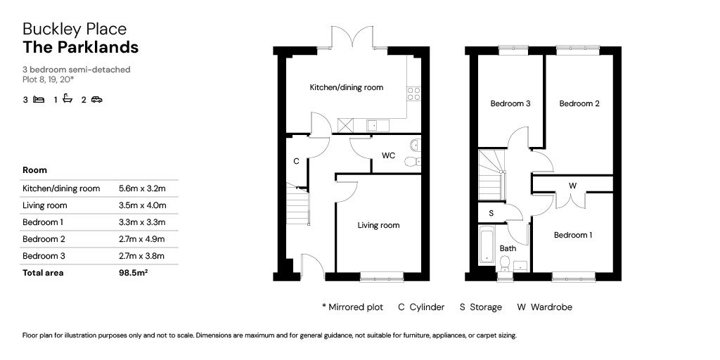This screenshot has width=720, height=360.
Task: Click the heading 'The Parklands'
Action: (x=80, y=48)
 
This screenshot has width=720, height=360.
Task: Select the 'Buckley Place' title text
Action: (x=75, y=29)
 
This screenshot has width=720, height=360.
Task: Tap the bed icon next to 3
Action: (x=39, y=100)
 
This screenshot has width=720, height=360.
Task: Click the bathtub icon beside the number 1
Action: (x=67, y=99)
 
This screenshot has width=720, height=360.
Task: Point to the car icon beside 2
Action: (x=96, y=100)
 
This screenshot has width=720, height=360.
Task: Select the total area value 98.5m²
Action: (x=134, y=273)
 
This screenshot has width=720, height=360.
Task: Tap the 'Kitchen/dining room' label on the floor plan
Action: (x=347, y=88)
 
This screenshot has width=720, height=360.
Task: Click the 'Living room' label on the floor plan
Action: (x=378, y=226)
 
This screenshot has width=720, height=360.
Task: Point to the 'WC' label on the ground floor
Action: (x=388, y=155)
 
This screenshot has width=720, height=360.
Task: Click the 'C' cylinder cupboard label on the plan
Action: (x=296, y=161)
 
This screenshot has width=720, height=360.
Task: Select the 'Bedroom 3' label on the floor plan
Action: (x=510, y=104)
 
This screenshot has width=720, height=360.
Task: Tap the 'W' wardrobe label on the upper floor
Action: (x=572, y=186)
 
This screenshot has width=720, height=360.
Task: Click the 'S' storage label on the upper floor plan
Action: (x=491, y=212)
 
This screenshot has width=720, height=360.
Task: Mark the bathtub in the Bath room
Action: (x=487, y=244)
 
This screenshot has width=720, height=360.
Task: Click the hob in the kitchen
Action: (x=414, y=93)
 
